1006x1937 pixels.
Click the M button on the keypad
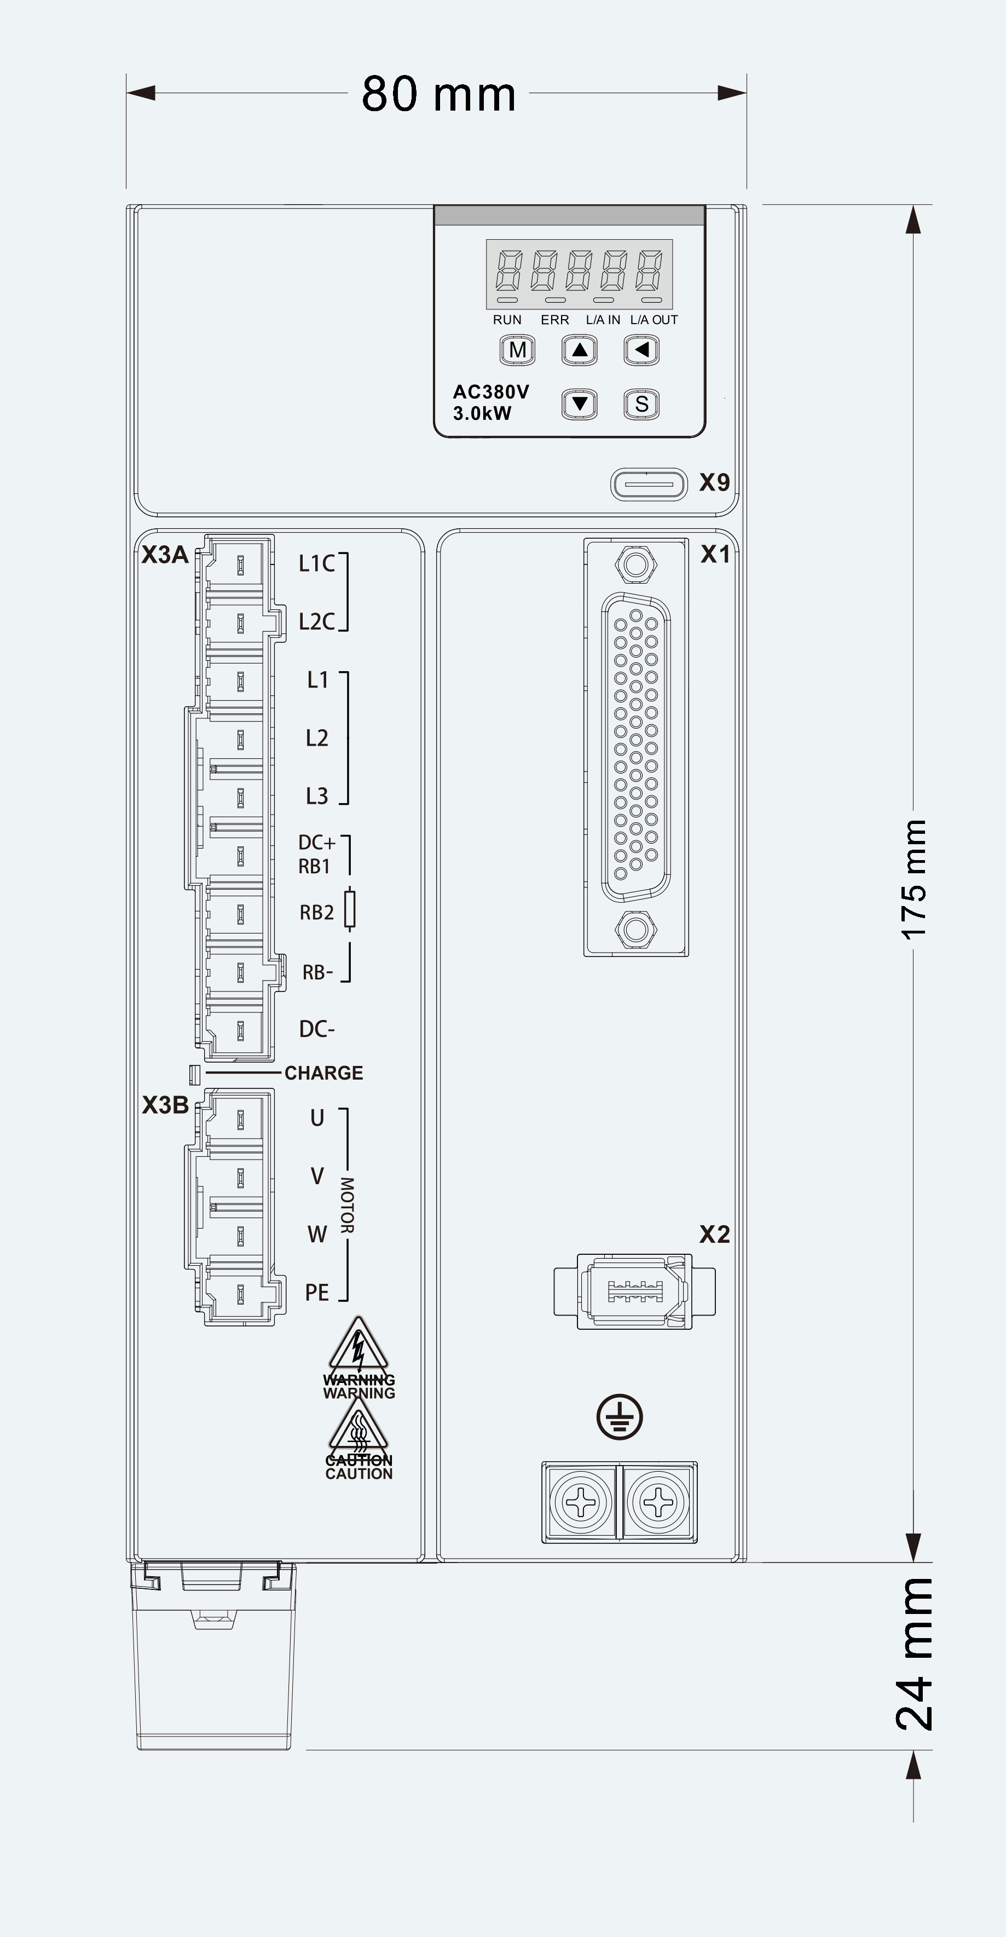517,350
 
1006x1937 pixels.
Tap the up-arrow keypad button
579,350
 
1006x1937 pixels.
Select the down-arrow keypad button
579,404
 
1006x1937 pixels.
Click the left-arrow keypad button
641,350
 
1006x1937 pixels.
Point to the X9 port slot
649,484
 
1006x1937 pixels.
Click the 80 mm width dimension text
439,94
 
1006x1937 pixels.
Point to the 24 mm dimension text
914,1653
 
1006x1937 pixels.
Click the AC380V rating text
491,392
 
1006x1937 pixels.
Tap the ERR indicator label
555,320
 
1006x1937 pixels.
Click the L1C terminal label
316,563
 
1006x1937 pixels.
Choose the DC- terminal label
316,1029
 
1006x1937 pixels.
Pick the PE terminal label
316,1293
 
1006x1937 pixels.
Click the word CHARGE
323,1073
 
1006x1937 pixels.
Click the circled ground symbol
620,1417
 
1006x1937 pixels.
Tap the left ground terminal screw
581,1502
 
